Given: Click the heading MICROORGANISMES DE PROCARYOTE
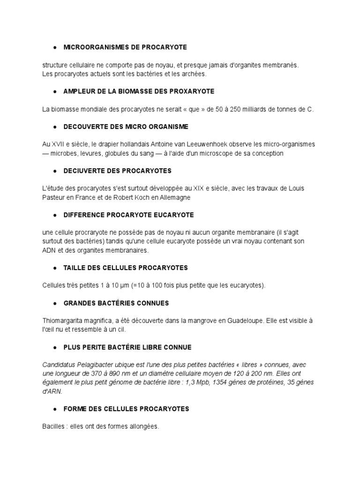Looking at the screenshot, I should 125,47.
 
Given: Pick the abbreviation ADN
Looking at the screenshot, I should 49,250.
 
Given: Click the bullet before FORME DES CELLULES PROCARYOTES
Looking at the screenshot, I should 55,409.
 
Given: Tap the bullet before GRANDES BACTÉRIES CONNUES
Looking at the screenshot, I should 55,303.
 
